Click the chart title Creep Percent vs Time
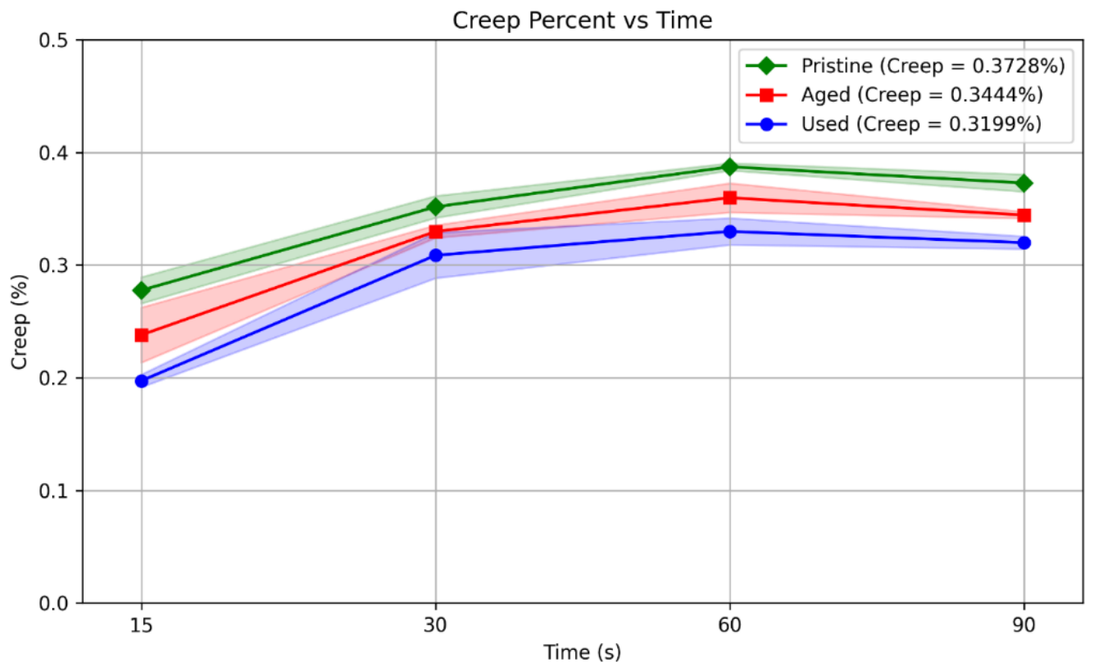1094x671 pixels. pos(582,20)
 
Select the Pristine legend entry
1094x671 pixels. pos(906,66)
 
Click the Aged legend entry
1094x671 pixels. pos(895,95)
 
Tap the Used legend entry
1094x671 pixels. pos(894,124)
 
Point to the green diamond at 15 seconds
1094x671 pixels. pos(142,291)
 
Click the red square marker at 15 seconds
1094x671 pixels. pos(142,336)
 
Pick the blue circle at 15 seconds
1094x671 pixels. pos(142,381)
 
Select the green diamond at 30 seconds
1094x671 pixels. pos(436,207)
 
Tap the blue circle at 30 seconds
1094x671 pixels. pos(436,256)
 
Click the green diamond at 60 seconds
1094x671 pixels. pos(729,167)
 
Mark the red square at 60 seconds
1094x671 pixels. pos(729,197)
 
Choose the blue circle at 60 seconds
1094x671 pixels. pos(729,232)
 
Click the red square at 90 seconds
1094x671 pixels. pos(1024,215)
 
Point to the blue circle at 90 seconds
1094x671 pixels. pos(1024,243)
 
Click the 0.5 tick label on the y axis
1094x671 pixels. pos(54,40)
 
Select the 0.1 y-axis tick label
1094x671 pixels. pos(54,491)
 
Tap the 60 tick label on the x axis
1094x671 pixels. pos(729,625)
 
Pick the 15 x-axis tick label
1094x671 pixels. pos(142,625)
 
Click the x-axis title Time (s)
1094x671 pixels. pos(582,652)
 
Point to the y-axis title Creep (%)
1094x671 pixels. pos(20,322)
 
